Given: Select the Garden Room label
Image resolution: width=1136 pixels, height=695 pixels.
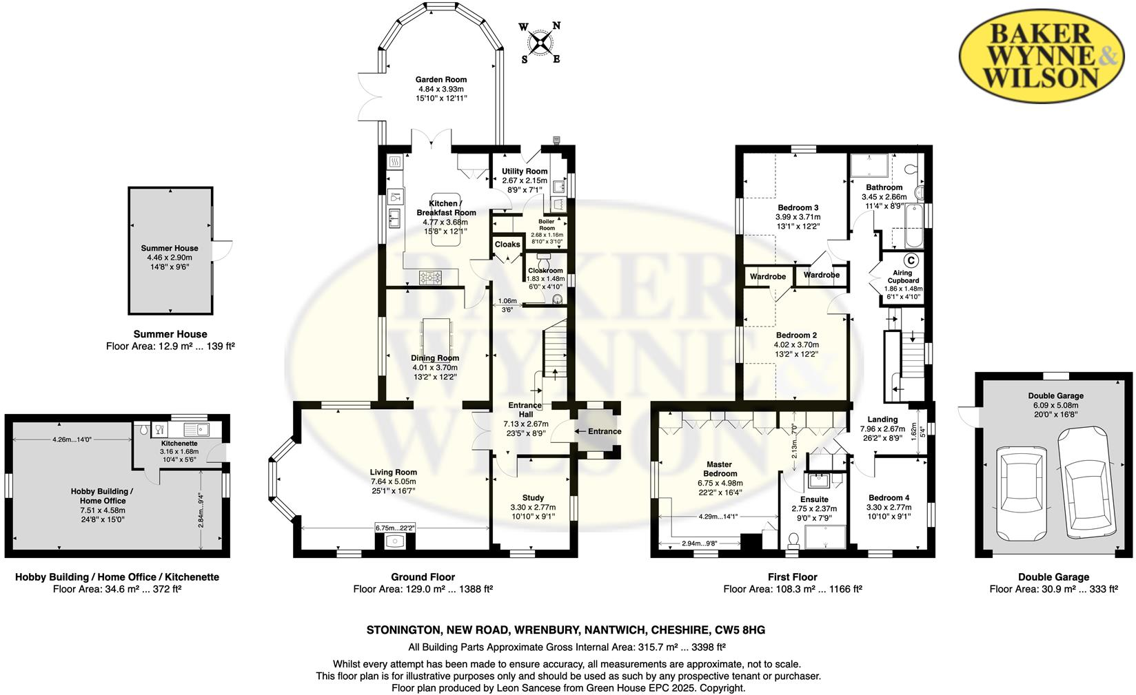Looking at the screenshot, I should pos(441,80).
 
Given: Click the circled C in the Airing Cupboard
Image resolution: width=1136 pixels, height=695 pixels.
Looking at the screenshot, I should pos(911,260).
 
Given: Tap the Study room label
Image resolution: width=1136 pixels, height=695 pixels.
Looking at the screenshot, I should pos(533,497).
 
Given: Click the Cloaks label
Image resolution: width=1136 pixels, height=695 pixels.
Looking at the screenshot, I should pos(507,245).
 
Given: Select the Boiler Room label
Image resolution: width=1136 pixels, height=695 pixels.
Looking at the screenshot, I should pos(547,225).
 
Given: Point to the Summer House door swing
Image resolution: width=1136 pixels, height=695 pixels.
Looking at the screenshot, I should pos(223,251).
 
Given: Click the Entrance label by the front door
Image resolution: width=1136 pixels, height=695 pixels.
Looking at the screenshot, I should pos(604,431).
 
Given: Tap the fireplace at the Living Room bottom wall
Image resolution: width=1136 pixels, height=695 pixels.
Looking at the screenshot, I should pos(395,541).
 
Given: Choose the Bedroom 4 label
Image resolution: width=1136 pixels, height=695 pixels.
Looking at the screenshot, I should pos(889,497).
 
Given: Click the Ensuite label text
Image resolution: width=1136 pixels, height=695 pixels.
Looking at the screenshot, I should pos(814,499).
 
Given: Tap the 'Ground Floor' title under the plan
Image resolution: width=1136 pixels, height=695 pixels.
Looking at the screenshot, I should pos(423,577).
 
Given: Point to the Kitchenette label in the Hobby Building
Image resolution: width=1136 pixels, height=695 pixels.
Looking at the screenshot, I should pos(179,444).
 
